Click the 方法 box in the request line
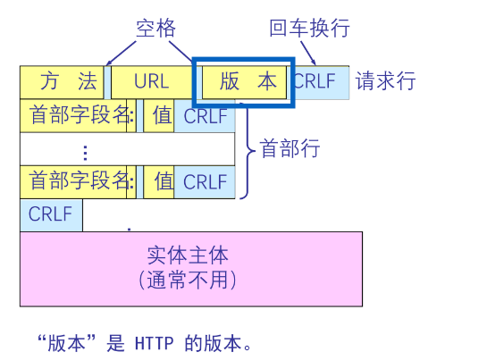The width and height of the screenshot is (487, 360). [x=62, y=82]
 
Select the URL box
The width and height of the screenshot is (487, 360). [x=151, y=82]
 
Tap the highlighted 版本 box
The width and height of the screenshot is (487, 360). [x=244, y=82]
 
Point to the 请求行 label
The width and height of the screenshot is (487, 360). [x=386, y=82]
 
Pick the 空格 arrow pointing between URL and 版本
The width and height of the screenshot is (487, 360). [x=182, y=51]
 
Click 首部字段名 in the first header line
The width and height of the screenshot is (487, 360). [x=77, y=115]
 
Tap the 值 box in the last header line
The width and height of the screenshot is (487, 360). [x=164, y=181]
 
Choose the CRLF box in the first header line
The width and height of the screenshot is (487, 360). [x=205, y=115]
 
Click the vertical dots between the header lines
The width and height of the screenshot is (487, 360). [x=86, y=149]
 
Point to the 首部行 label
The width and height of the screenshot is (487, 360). [x=289, y=148]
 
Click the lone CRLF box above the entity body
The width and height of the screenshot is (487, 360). [x=50, y=214]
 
